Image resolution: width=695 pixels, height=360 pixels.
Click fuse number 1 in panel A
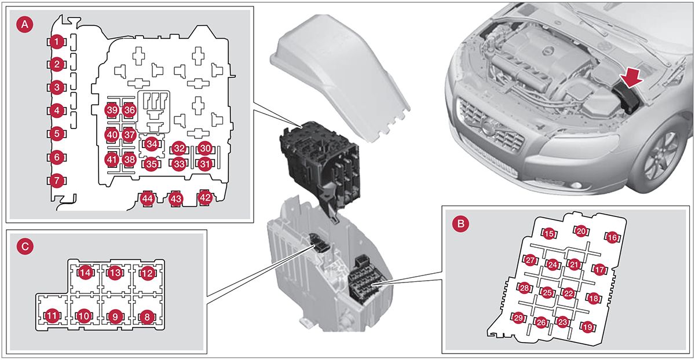(56, 42)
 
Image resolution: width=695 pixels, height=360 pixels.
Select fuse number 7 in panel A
(56, 181)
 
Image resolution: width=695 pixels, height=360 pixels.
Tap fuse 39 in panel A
(112, 110)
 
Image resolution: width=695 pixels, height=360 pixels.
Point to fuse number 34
(151, 143)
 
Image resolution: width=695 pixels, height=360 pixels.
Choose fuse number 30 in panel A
(204, 149)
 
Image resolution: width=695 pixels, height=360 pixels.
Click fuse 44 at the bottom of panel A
(147, 199)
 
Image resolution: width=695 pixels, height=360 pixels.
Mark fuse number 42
(205, 197)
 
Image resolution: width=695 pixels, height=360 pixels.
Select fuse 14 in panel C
(86, 273)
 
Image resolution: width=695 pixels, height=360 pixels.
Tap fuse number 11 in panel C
(53, 316)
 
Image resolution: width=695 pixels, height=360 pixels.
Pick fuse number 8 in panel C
(147, 317)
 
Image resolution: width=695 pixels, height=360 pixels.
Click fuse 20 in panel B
(581, 231)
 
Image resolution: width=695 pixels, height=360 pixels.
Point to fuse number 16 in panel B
(612, 237)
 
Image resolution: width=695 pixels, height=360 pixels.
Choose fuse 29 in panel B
(519, 318)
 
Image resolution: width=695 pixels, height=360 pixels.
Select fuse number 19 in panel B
(588, 328)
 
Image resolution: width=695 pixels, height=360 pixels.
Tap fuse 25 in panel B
(547, 292)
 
